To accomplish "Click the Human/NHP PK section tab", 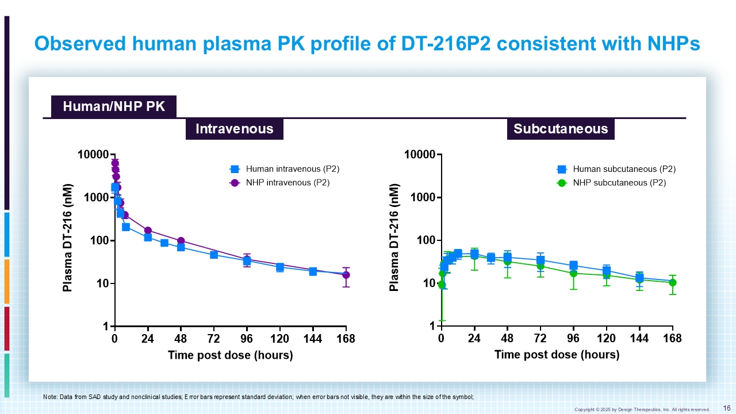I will pos(113,107).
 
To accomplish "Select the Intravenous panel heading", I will pos(234,129).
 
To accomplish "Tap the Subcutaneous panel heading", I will pos(561,129).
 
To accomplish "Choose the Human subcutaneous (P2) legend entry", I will pos(615,169).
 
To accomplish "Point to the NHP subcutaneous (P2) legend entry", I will pos(611,183).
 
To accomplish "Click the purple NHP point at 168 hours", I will pos(346,275).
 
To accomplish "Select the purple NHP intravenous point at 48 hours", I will pos(181,241).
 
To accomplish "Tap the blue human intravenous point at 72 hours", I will pos(214,255).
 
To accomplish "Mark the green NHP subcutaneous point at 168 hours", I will pos(673,282).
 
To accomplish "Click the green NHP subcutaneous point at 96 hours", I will pos(573,273).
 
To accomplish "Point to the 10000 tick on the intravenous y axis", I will pos(93,155).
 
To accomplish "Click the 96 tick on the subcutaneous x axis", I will pos(573,339).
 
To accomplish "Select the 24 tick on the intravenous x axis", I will pos(148,339).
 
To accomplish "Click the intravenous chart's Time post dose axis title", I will pos(230,355).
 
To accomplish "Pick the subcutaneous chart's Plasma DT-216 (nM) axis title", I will pos(394,237).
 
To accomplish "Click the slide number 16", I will pos(726,408).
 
